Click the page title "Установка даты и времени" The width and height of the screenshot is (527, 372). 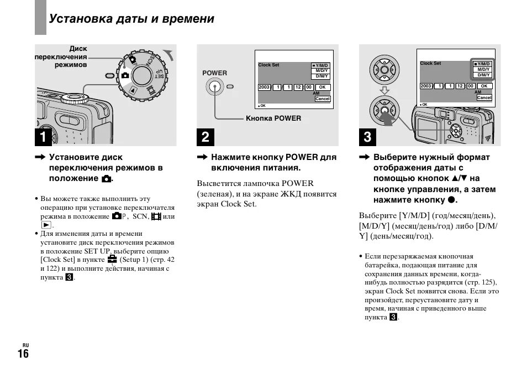tap(131, 19)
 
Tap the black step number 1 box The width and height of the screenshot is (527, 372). tap(45, 136)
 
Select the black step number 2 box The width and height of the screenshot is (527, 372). tap(205, 136)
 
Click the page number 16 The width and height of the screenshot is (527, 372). tap(23, 354)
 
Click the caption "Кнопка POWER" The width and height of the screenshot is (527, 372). tap(273, 118)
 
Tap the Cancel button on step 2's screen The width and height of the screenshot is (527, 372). tap(322, 99)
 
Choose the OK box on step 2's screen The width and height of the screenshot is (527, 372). tap(323, 87)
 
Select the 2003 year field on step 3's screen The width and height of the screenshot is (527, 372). tap(426, 86)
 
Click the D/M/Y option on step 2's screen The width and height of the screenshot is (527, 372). tap(322, 76)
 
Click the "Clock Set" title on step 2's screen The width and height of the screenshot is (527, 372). tap(269, 65)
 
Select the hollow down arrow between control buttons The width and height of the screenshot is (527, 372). tap(384, 90)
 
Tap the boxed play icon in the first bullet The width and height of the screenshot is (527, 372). tap(46, 225)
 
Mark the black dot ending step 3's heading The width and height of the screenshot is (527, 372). tap(451, 200)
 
